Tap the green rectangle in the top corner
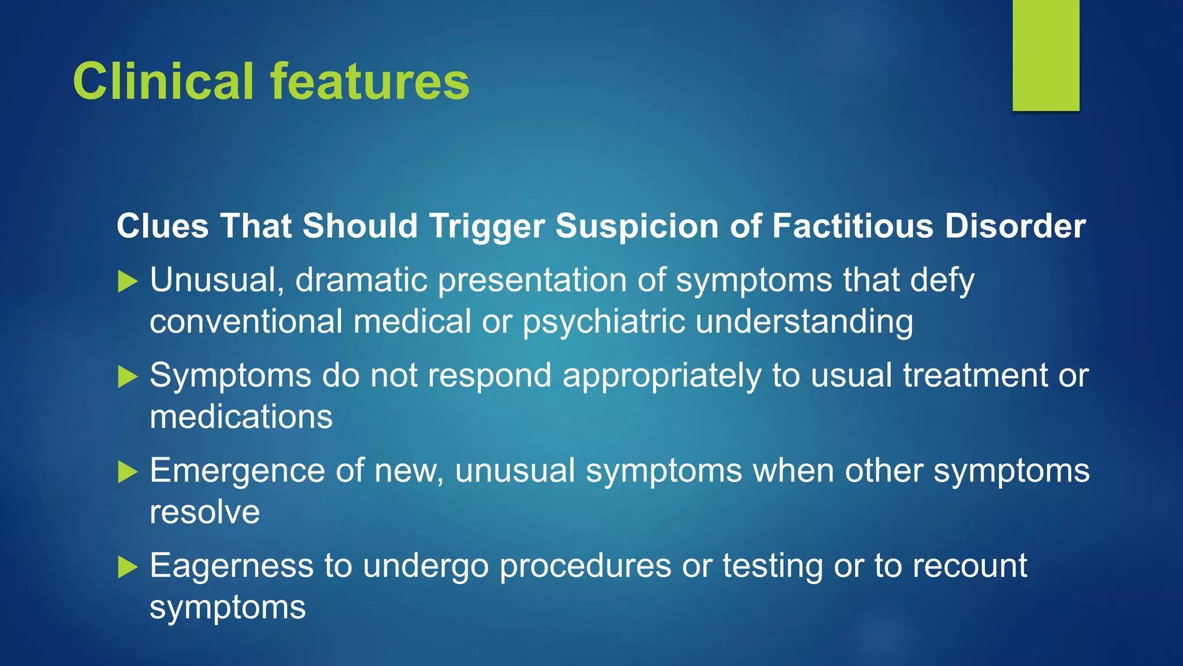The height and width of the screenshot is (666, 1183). coord(1046,55)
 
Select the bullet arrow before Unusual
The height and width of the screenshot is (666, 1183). coord(128,282)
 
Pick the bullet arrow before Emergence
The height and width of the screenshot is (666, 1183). coord(128,472)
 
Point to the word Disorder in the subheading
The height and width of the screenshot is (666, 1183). coord(1015,225)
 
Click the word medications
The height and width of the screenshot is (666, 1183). coord(241,417)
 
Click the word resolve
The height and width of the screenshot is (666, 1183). coord(204,512)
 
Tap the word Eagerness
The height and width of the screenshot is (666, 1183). coord(232,566)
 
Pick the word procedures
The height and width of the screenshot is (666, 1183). coord(585,566)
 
